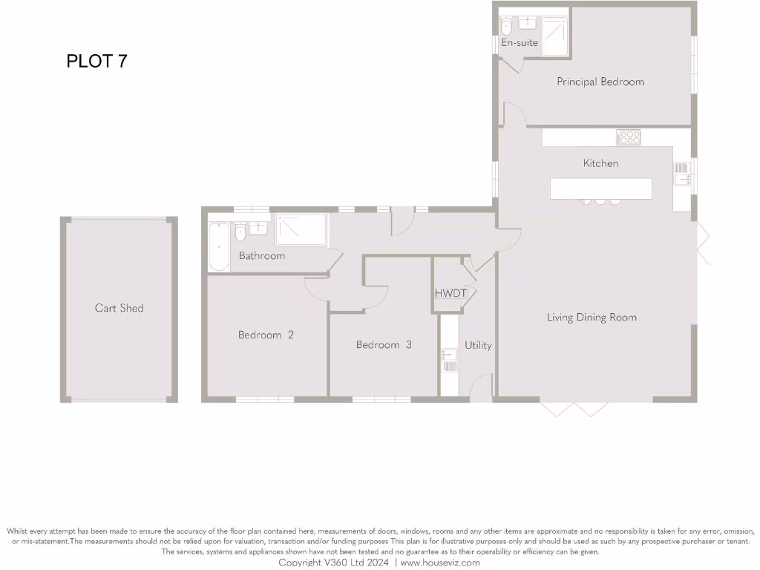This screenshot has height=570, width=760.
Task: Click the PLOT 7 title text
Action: point(96,61)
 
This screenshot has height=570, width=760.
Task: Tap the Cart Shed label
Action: point(119,308)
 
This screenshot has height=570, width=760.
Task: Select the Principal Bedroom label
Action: point(600,82)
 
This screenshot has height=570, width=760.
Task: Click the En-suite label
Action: point(520,43)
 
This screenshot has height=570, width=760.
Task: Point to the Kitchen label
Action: point(600,163)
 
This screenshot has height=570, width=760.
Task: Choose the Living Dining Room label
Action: point(592,318)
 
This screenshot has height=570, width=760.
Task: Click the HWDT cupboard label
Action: point(451,294)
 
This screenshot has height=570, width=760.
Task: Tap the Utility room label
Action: point(478,345)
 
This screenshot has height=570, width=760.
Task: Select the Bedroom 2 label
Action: point(266,335)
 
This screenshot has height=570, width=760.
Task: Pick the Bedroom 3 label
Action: point(384,345)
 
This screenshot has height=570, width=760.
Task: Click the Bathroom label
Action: point(261,256)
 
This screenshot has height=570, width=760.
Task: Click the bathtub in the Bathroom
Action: point(219,244)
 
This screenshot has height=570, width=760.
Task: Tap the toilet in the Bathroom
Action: point(240,232)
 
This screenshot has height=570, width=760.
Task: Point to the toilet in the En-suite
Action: point(507,28)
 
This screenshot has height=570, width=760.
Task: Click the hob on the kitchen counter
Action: point(628,137)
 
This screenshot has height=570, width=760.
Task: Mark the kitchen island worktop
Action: point(600,189)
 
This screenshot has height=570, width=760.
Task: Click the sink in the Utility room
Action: point(450,360)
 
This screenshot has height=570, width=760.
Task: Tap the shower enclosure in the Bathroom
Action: point(301,230)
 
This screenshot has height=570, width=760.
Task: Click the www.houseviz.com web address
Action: point(440,563)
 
